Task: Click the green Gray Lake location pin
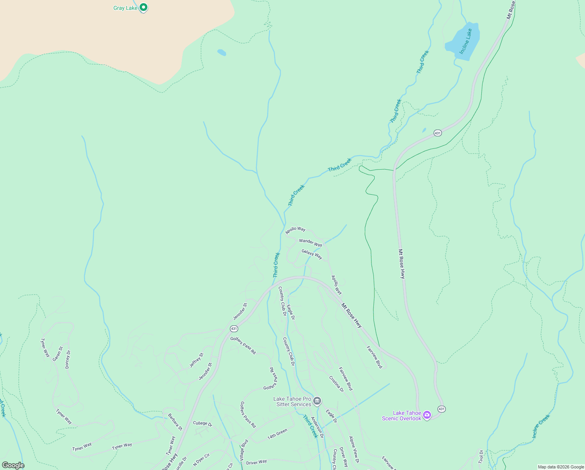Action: coord(144,7)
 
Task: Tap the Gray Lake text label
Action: coord(125,8)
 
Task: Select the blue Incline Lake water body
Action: coord(463,42)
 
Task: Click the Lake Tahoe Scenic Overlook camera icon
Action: coord(427,415)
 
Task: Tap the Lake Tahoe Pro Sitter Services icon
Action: coord(317,401)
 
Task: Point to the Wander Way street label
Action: coord(310,242)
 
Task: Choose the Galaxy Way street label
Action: coord(312,254)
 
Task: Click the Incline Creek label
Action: coord(541,426)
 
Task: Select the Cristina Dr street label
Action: coord(336,384)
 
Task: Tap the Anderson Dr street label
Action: coord(317,427)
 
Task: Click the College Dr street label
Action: coord(203,423)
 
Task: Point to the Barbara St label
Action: coord(175,422)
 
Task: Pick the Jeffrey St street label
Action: coord(196,360)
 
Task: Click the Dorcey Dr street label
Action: coord(68,359)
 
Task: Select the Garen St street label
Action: coord(57,354)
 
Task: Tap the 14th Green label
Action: coord(277,434)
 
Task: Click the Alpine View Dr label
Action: coord(354,450)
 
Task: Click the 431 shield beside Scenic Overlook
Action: coord(441,409)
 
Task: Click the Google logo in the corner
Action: coord(13,465)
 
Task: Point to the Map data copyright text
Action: coord(560,467)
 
